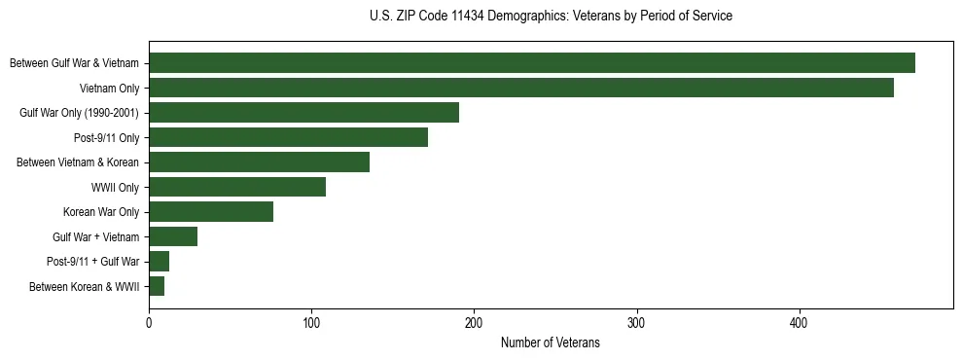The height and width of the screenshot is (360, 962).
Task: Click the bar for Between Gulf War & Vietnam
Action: (x=531, y=63)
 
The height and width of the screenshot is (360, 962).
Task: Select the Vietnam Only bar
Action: (x=520, y=88)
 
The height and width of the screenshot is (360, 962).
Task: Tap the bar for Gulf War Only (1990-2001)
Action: (x=303, y=113)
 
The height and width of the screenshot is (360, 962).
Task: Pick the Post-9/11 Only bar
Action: (x=288, y=137)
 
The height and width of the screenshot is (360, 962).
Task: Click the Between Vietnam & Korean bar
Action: (x=259, y=162)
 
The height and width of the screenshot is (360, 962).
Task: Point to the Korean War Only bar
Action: (x=211, y=212)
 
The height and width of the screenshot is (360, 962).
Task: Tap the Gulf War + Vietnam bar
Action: (x=173, y=236)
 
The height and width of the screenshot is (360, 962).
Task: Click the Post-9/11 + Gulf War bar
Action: (x=159, y=262)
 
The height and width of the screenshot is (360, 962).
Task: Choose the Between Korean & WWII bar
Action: (x=157, y=286)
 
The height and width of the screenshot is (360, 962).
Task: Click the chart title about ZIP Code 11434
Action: (x=551, y=17)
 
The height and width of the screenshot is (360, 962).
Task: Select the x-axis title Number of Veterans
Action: (x=551, y=343)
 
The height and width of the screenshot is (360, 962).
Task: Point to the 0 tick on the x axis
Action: (x=149, y=322)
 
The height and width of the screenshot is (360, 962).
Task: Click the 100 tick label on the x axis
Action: (x=311, y=322)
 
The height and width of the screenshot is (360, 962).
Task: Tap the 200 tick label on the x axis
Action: (x=474, y=322)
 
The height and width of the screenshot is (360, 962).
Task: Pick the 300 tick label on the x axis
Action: (x=636, y=322)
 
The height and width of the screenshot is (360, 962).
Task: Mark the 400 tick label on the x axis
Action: (x=799, y=322)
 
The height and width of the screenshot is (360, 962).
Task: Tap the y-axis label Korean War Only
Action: (x=101, y=212)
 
